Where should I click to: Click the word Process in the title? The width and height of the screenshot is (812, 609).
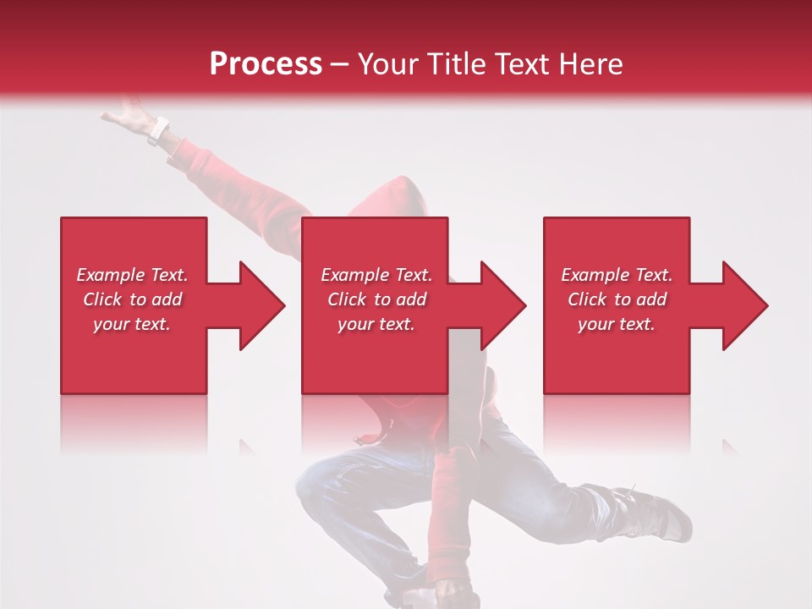point(266,63)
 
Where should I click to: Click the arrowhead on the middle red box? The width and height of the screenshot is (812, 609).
point(502,305)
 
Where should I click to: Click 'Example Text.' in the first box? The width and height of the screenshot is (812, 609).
point(132,275)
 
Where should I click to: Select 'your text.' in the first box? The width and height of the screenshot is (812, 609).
point(132,324)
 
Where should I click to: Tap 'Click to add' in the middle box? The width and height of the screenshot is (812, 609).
point(376,299)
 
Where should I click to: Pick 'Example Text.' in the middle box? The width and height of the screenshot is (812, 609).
point(376,275)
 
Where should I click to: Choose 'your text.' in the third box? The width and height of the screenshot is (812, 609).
point(617,324)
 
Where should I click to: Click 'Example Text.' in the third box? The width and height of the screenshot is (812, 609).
point(617,275)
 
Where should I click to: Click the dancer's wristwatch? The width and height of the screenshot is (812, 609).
point(158,130)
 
